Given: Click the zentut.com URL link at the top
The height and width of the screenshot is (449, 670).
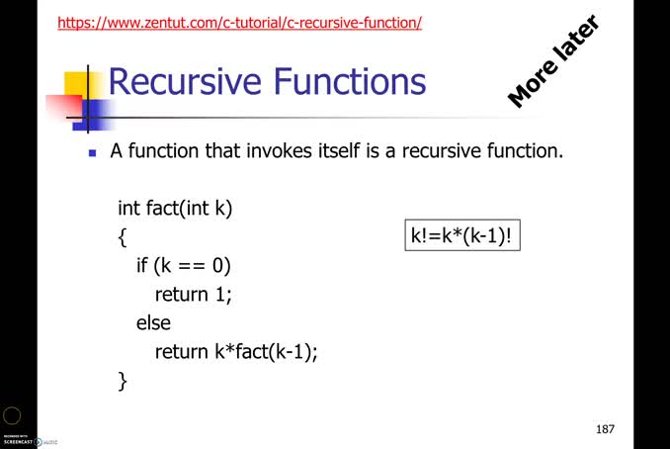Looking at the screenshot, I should [239, 21].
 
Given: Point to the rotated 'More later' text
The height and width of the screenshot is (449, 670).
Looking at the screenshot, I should [553, 61].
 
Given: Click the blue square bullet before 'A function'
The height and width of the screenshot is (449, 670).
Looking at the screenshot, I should [93, 153].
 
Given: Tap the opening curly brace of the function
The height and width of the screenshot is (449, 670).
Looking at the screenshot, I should [123, 237].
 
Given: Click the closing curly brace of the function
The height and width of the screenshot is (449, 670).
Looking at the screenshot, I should [123, 381].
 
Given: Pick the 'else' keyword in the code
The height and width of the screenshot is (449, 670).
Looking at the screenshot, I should [153, 322].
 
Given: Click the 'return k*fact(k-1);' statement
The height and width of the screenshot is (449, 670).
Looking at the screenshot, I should [236, 351].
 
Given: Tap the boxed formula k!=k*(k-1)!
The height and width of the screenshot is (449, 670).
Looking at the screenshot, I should [465, 236].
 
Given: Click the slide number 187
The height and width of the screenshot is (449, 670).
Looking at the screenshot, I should [605, 429].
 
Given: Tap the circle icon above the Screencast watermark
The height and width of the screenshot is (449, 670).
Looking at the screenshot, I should [11, 416].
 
